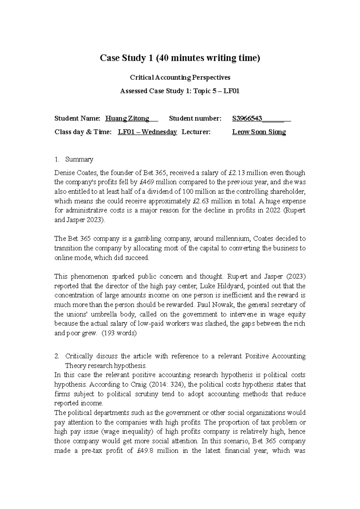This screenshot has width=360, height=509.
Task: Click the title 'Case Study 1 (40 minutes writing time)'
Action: [180, 58]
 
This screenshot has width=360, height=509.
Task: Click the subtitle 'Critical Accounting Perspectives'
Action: [180, 77]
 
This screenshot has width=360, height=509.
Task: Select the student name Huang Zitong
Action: [127, 118]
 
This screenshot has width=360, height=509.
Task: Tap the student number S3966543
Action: [247, 118]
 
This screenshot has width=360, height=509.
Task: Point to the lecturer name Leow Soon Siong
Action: [259, 132]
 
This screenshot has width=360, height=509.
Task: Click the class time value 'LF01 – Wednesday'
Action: [147, 132]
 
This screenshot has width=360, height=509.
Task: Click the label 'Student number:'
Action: [195, 118]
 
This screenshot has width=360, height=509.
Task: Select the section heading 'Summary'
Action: [79, 159]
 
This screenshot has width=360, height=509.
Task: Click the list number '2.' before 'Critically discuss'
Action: [57, 356]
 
